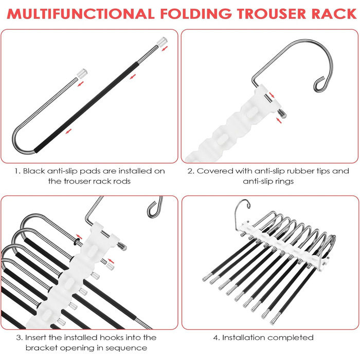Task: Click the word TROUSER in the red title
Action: click(272, 14)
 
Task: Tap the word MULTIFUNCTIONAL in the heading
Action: click(81, 14)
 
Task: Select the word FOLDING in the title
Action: click(196, 14)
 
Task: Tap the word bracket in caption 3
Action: click(42, 348)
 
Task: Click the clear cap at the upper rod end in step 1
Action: click(162, 41)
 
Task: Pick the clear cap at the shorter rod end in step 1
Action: click(82, 73)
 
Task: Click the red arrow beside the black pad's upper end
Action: click(133, 77)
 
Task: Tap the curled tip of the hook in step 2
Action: click(319, 84)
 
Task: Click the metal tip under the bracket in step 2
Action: click(282, 114)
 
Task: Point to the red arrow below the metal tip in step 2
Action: click(279, 120)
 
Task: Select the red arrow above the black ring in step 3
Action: click(79, 237)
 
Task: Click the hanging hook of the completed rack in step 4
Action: click(241, 212)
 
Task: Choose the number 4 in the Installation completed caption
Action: click(215, 338)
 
